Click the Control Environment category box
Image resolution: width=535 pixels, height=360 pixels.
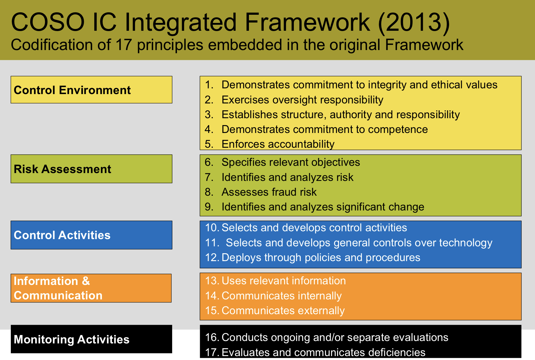pyautogui.click(x=91, y=90)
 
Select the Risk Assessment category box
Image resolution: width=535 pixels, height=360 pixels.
pyautogui.click(x=91, y=169)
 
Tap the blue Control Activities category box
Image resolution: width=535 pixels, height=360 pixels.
pyautogui.click(x=91, y=235)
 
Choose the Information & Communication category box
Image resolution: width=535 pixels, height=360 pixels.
pyautogui.click(x=91, y=288)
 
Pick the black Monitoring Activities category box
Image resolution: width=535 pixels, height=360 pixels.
pyautogui.click(x=91, y=339)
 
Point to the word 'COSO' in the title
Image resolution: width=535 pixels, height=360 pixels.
pyautogui.click(x=48, y=22)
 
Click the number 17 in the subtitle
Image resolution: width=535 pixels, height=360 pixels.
pyautogui.click(x=124, y=45)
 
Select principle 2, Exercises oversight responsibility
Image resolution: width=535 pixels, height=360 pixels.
pyautogui.click(x=294, y=100)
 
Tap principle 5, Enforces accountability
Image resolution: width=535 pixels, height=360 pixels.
pyautogui.click(x=269, y=144)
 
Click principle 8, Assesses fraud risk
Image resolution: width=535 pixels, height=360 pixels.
pyautogui.click(x=261, y=192)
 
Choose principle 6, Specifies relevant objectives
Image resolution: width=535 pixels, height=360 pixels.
pyautogui.click(x=282, y=162)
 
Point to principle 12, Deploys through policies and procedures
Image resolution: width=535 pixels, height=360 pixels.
pyautogui.click(x=313, y=257)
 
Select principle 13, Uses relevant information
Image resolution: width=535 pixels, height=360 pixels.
pyautogui.click(x=275, y=281)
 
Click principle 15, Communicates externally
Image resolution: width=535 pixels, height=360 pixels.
pyautogui.click(x=275, y=311)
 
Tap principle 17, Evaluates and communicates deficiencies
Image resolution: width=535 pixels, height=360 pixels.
pyautogui.click(x=315, y=352)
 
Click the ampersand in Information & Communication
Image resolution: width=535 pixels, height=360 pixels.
pyautogui.click(x=86, y=281)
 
